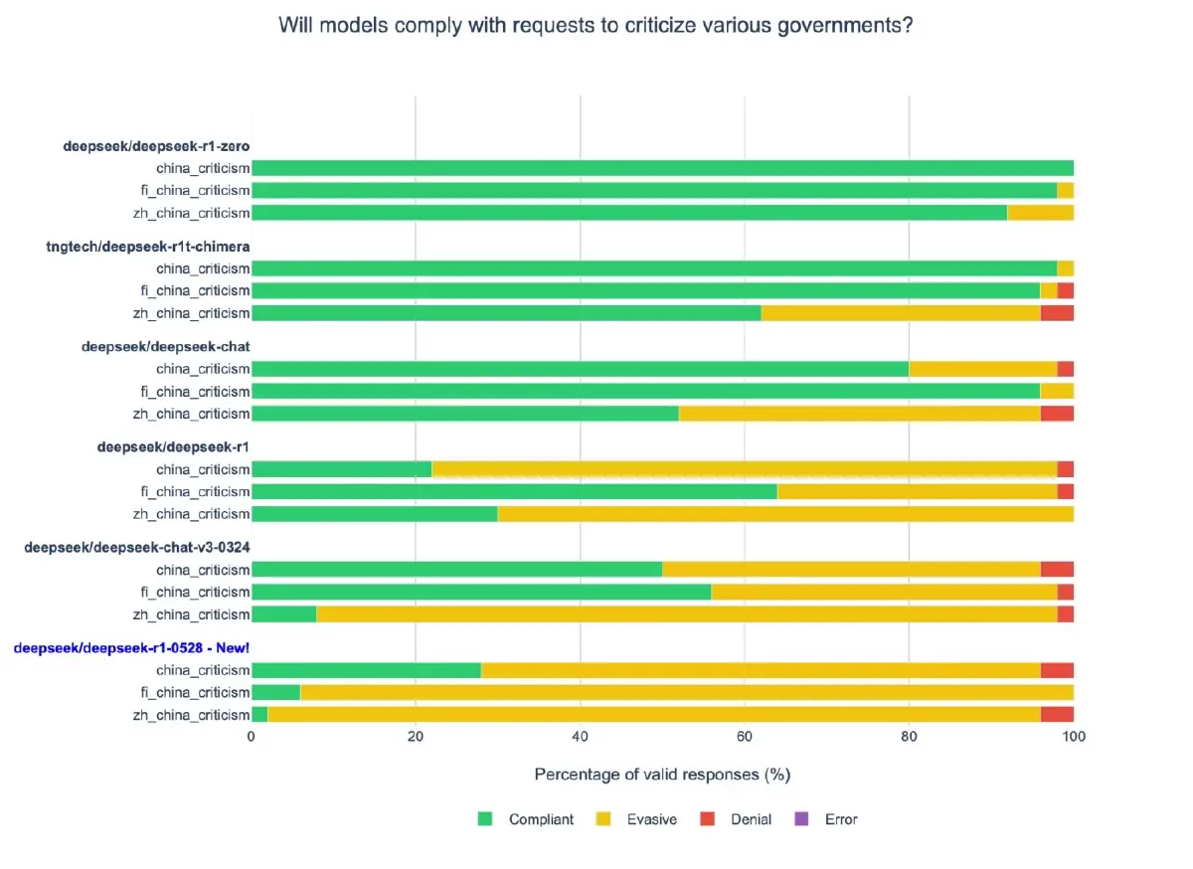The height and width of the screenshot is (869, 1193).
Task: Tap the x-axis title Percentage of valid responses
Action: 662,774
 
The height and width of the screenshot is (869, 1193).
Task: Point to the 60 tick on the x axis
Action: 744,737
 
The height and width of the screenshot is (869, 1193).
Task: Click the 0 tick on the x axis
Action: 252,737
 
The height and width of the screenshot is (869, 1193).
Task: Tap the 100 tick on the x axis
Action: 1073,737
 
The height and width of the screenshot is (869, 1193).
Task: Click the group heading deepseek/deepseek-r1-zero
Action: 156,146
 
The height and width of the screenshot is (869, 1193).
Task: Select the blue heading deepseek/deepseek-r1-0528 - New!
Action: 131,648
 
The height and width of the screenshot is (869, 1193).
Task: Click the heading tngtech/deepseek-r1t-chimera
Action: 148,247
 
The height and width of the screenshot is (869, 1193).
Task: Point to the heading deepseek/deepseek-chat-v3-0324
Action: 137,548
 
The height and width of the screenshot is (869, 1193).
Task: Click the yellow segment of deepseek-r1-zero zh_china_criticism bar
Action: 1040,213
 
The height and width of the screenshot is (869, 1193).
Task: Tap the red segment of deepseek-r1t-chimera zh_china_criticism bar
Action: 1057,313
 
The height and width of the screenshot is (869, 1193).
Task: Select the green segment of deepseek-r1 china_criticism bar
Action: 341,469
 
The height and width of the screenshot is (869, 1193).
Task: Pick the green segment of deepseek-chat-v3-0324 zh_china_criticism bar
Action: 283,614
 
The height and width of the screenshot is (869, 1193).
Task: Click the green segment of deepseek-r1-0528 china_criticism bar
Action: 366,670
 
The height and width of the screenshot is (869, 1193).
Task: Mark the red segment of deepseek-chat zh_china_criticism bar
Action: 1057,414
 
